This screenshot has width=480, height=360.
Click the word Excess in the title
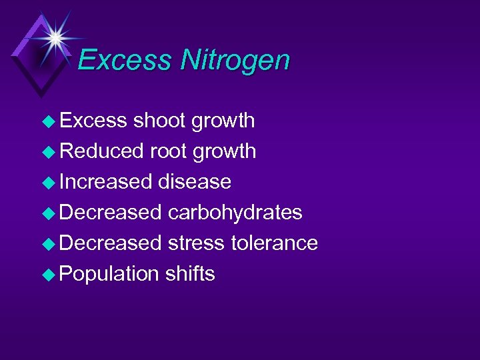tap(125, 61)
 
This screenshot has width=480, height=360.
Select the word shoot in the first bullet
tap(159, 121)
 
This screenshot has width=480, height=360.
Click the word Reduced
tap(101, 151)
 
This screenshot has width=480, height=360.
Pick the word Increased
tap(106, 181)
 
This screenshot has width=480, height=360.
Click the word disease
tap(195, 181)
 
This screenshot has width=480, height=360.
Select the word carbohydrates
tap(235, 213)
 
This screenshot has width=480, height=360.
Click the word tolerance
tap(274, 243)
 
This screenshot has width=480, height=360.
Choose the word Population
tap(109, 274)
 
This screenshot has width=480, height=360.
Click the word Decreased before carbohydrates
tap(111, 213)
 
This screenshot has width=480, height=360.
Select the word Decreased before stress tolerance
tap(111, 243)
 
